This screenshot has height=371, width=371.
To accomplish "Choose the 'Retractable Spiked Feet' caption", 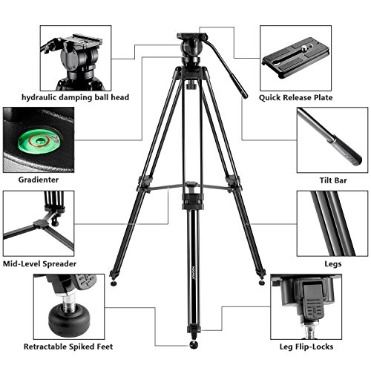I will click(65, 345).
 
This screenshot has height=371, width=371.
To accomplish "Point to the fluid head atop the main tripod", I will click(186, 55).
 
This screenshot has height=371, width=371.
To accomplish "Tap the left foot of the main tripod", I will click(113, 283).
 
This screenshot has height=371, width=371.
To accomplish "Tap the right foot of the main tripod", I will click(260, 282).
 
